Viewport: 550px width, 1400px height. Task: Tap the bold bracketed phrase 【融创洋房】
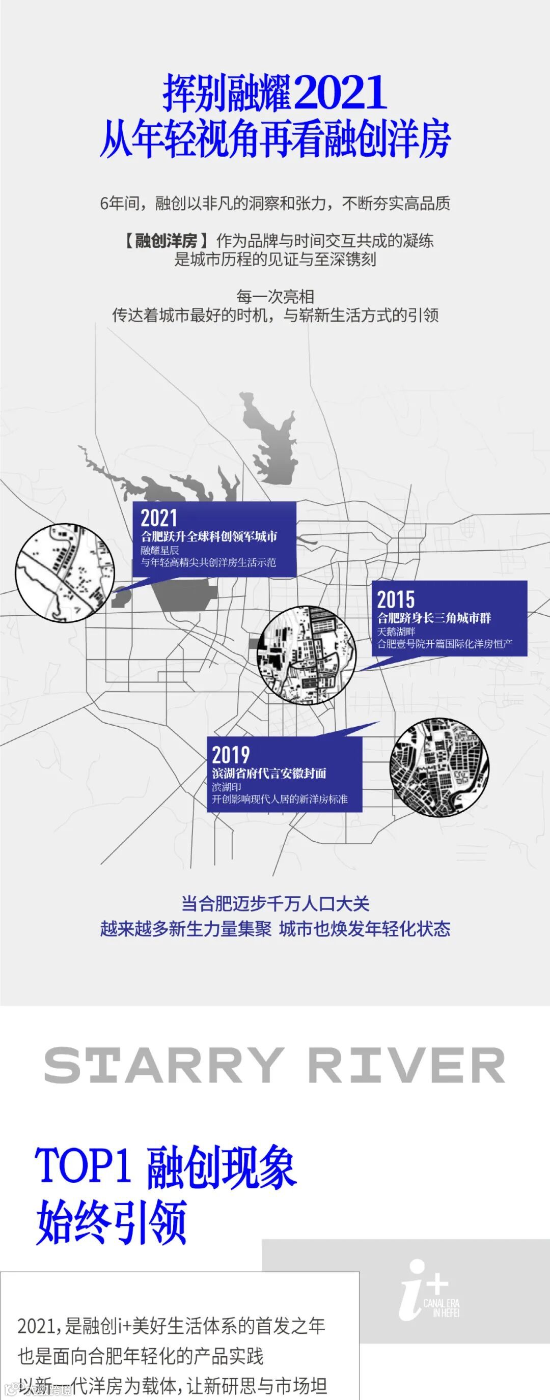tap(166, 241)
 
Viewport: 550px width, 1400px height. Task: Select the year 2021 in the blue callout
tap(159, 518)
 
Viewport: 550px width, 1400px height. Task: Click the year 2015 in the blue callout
tap(396, 599)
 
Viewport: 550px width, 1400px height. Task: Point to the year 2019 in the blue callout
tap(231, 754)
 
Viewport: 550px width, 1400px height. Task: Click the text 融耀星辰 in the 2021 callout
tap(159, 550)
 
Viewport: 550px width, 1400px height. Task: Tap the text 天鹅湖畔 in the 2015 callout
tap(396, 632)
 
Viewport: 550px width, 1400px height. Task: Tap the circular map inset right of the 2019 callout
tap(439, 767)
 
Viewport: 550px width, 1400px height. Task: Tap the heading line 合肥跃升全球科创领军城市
tap(209, 536)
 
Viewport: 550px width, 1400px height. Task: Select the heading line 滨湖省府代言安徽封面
tap(269, 773)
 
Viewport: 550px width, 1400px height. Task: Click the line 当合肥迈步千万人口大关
tap(276, 903)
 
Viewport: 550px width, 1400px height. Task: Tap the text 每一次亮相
tap(276, 296)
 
